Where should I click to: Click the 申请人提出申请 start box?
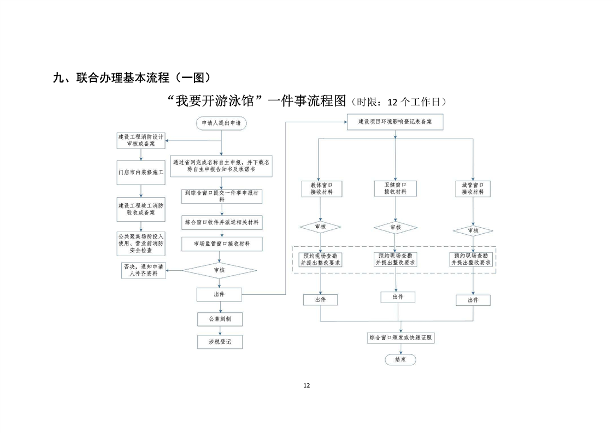pyautogui.click(x=221, y=124)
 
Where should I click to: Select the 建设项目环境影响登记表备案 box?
pyautogui.click(x=395, y=122)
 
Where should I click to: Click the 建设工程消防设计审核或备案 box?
pyautogui.click(x=141, y=140)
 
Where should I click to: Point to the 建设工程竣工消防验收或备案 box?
pyautogui.click(x=141, y=209)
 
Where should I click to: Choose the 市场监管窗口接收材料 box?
pyautogui.click(x=221, y=244)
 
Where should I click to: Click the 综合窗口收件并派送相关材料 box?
pyautogui.click(x=221, y=223)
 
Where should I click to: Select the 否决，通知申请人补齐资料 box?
pyautogui.click(x=143, y=270)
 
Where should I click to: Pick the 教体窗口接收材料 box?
pyautogui.click(x=321, y=188)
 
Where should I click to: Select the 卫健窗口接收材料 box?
pyautogui.click(x=395, y=188)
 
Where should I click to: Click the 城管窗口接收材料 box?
pyautogui.click(x=473, y=188)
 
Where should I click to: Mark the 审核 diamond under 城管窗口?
pyautogui.click(x=473, y=231)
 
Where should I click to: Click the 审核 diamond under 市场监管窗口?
pyautogui.click(x=219, y=270)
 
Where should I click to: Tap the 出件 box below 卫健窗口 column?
pyautogui.click(x=397, y=297)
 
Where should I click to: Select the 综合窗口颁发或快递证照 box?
pyautogui.click(x=401, y=338)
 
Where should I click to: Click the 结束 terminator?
pyautogui.click(x=399, y=360)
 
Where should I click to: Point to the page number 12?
pyautogui.click(x=306, y=385)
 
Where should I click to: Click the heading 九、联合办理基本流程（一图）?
pyautogui.click(x=132, y=78)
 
